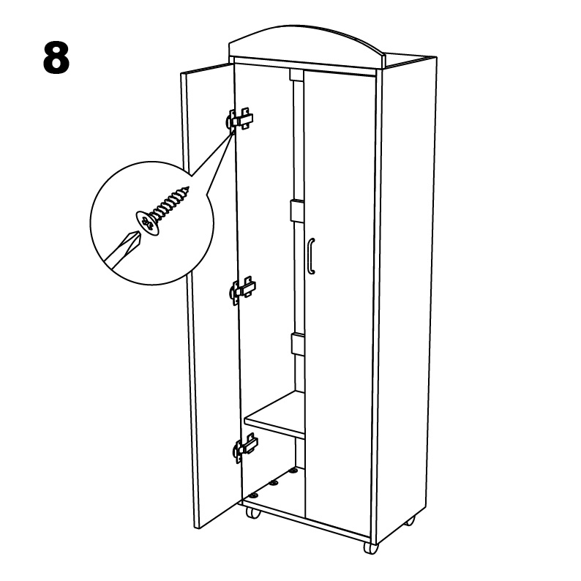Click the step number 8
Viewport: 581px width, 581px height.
[x=56, y=57]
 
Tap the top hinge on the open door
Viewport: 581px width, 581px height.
[x=240, y=119]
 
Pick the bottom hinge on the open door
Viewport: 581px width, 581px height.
[x=245, y=447]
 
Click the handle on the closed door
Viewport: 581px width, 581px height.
[x=311, y=256]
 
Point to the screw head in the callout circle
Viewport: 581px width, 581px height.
[x=149, y=223]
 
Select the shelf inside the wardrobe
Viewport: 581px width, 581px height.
[x=274, y=415]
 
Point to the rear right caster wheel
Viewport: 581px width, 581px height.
[x=410, y=520]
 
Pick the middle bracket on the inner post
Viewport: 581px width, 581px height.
[x=297, y=211]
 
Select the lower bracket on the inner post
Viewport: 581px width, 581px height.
[x=298, y=345]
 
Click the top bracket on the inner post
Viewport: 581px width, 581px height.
[x=296, y=75]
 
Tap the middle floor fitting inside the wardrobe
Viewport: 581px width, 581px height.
[x=274, y=483]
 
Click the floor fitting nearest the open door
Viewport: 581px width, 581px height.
[x=254, y=495]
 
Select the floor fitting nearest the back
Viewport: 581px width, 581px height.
[x=293, y=471]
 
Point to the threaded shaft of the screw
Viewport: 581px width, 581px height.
[x=170, y=202]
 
